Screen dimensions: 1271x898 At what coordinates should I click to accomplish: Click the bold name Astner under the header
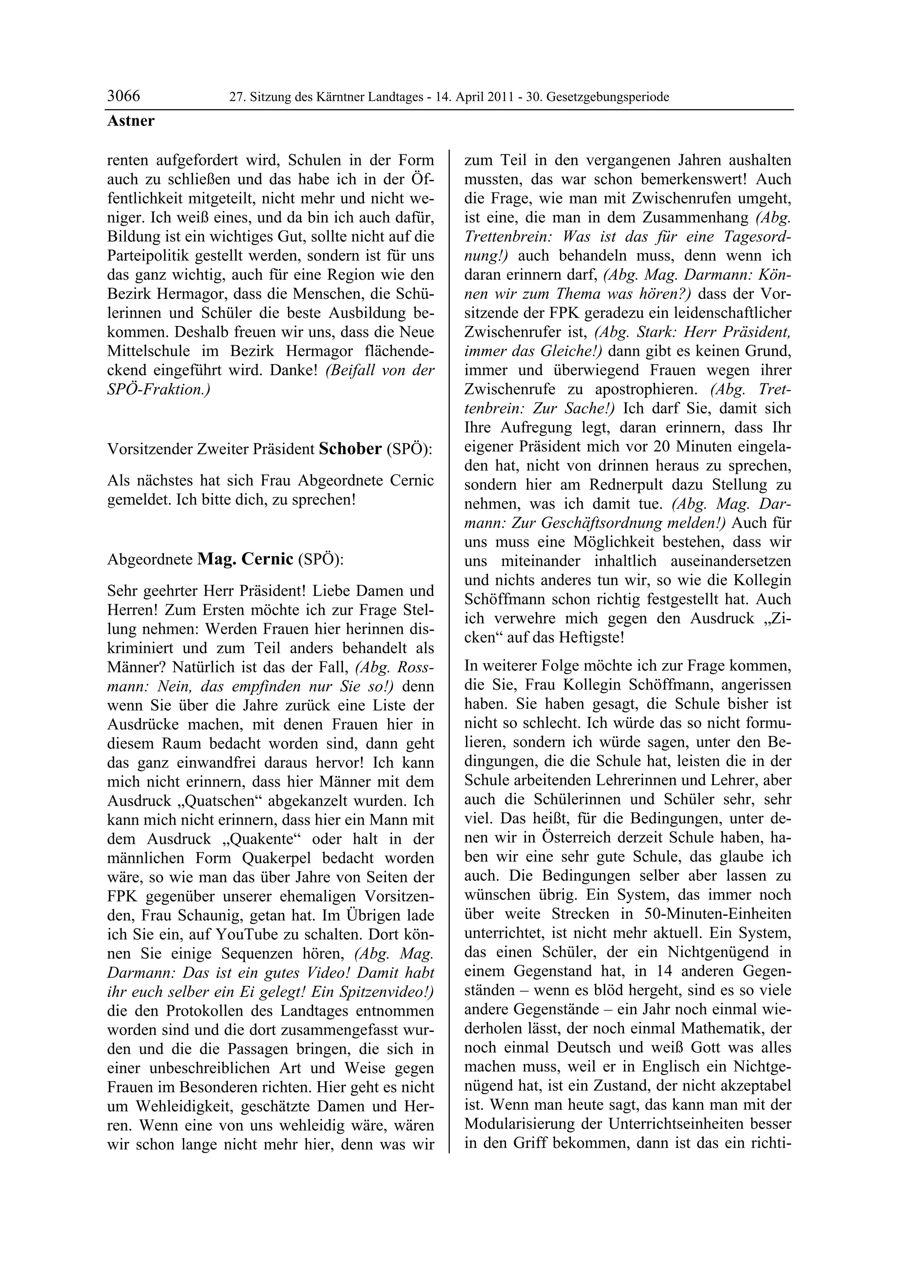tap(131, 121)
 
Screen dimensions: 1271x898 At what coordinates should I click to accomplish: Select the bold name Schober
tap(350, 449)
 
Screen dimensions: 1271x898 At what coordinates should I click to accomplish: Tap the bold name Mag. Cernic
tap(245, 559)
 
